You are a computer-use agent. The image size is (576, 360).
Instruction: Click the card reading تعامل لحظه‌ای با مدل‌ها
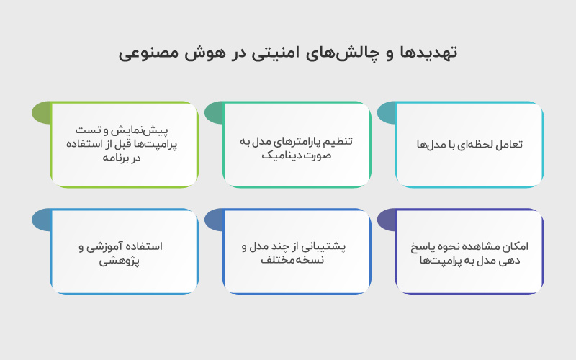[x=469, y=145]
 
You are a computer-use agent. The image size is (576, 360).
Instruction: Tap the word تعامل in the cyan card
[x=510, y=145]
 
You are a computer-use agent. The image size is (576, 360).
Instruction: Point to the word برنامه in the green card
[x=117, y=158]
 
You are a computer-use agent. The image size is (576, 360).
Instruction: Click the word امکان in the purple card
[x=517, y=246]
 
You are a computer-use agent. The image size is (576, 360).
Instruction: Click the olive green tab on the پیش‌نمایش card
[x=41, y=113]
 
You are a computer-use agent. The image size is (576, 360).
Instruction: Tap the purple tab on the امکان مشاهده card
[x=387, y=220]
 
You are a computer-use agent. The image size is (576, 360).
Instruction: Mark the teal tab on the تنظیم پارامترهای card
[x=214, y=113]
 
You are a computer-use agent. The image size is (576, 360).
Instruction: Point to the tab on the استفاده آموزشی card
[x=41, y=220]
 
